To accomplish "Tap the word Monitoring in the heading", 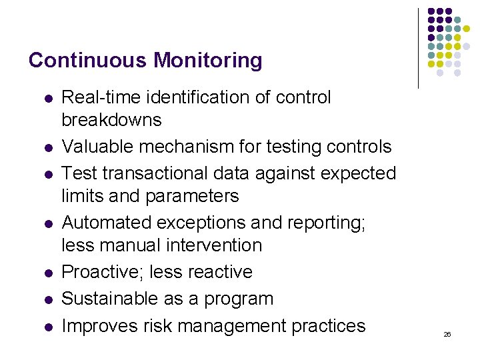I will tap(208, 61).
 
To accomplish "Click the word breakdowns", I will tap(111, 120).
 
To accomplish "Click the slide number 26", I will tap(447, 334).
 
